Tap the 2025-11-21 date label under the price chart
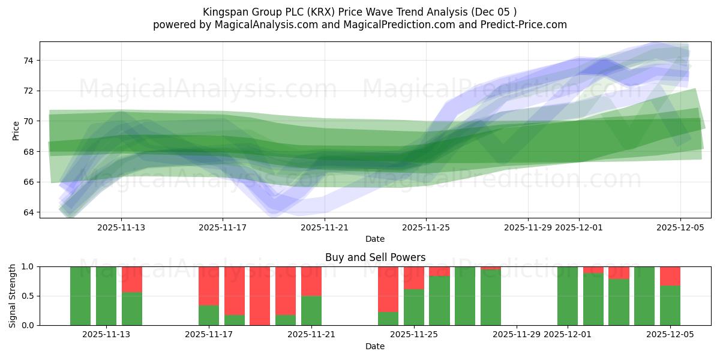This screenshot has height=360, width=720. click(325, 227)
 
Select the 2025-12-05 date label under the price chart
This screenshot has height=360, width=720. click(680, 227)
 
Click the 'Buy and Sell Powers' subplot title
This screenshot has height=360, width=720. click(375, 257)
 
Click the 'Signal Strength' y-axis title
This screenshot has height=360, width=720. click(13, 296)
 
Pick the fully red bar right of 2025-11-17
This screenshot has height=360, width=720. click(260, 296)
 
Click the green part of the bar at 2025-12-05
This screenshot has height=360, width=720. click(670, 305)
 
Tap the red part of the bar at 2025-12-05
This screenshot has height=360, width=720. click(670, 276)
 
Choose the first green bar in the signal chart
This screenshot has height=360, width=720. click(80, 296)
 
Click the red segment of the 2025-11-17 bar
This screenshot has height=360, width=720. click(209, 286)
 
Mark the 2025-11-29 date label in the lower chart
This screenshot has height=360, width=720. click(517, 335)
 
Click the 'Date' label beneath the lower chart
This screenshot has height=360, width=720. click(375, 346)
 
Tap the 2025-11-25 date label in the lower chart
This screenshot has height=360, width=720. click(415, 335)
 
